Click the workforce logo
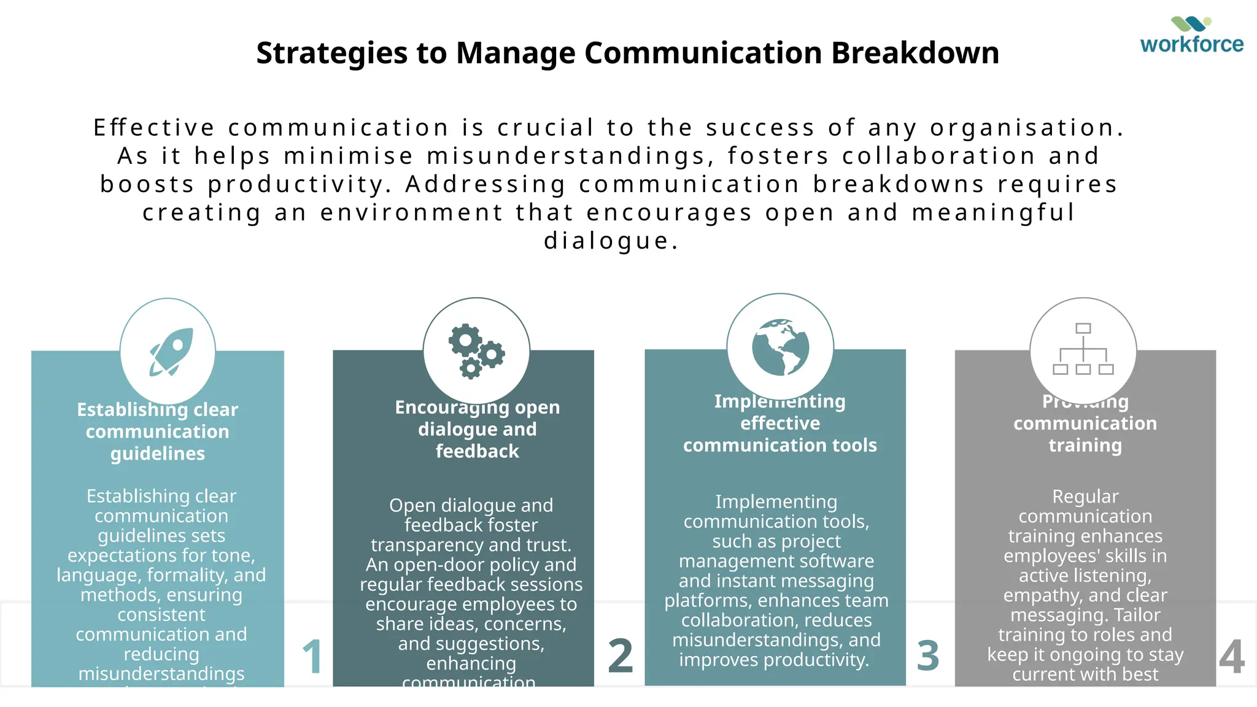pos(1191,36)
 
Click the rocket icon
pos(171,351)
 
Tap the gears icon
pos(476,350)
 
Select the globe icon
pos(780,347)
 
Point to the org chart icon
pos(1083,349)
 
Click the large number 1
pos(312,656)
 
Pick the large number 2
pos(620,656)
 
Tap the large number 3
pos(927,656)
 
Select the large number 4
pos(1231,656)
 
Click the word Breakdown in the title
pos(915,53)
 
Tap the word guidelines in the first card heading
pos(158,454)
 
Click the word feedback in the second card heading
pos(477,451)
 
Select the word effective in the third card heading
pos(779,423)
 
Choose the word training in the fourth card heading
pos(1085,445)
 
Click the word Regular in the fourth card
pos(1085,496)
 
